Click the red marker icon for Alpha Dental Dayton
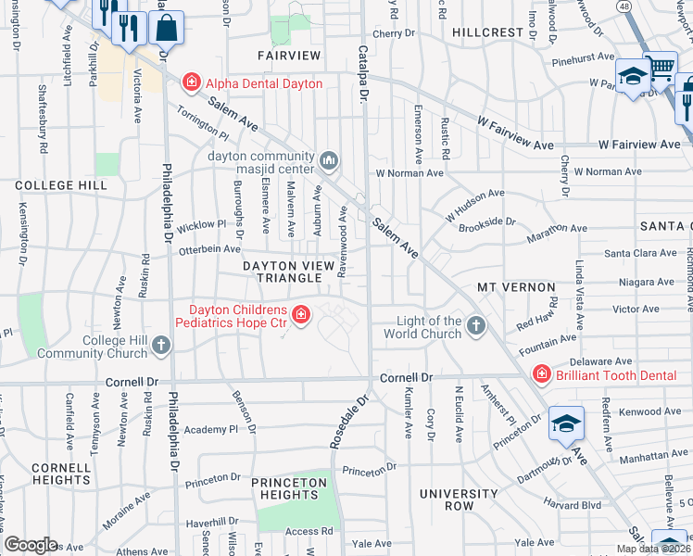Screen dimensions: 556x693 tap(192, 83)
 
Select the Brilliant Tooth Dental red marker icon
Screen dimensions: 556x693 tap(540, 373)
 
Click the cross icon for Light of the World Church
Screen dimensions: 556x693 tap(475, 326)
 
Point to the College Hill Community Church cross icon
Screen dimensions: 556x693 tap(161, 346)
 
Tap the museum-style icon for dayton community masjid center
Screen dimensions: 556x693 tap(329, 162)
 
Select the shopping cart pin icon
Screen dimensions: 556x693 tap(660, 68)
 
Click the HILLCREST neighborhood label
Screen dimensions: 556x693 tap(488, 32)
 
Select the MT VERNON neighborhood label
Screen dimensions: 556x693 tap(515, 288)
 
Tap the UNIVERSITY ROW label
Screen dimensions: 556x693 tap(459, 500)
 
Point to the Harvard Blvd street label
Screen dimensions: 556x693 tap(574, 505)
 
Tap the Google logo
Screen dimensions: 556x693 tap(31, 544)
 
